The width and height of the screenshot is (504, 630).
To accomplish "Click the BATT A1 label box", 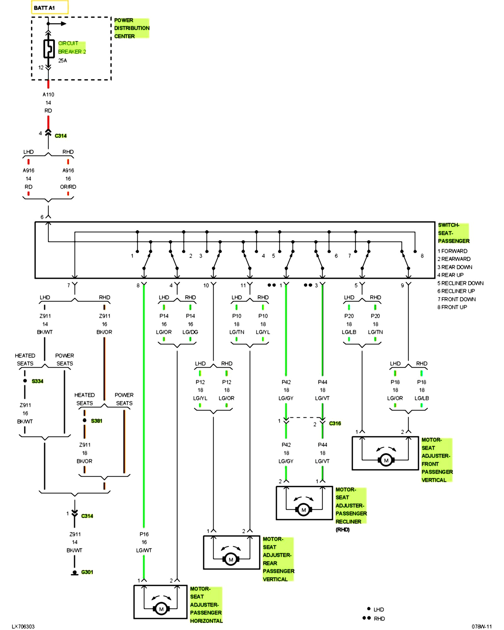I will click(x=49, y=8).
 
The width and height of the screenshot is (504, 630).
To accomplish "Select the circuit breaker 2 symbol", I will click(x=49, y=49).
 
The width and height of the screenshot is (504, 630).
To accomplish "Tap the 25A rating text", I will click(x=62, y=60).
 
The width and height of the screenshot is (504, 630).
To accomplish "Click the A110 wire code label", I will click(x=48, y=94).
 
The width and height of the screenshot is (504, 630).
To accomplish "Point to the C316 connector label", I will click(x=335, y=423).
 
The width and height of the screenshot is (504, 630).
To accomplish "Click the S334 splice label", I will click(x=37, y=381).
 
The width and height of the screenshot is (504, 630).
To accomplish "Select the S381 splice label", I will click(x=96, y=421).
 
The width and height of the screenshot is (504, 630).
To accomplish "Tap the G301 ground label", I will click(x=87, y=572).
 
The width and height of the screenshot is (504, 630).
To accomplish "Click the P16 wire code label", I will click(x=144, y=534).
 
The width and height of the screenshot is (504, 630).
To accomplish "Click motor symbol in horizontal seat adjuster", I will click(x=161, y=609).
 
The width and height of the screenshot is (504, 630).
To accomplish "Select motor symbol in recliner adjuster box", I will click(x=304, y=510).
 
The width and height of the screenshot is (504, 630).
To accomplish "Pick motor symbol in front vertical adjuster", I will click(x=386, y=460).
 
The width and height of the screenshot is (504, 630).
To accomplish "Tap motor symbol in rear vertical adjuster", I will click(x=231, y=559).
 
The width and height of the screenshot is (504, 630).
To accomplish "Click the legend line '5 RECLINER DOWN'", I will click(x=460, y=283).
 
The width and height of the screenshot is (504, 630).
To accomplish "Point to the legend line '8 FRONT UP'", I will click(x=452, y=307).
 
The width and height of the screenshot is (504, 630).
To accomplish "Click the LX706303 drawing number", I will click(x=23, y=627).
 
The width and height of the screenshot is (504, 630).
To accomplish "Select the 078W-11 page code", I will click(x=481, y=627).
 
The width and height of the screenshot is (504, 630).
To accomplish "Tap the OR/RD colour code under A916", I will click(x=68, y=187).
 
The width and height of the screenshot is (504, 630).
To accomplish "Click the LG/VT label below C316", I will click(x=322, y=461).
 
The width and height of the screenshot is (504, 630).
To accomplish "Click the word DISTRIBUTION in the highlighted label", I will click(x=132, y=28).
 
